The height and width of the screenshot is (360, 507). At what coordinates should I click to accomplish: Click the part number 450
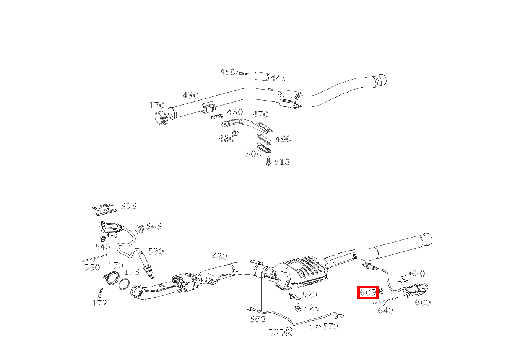[227, 72]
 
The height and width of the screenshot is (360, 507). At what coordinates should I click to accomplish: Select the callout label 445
[278, 78]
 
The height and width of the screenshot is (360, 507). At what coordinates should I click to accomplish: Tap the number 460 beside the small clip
[235, 112]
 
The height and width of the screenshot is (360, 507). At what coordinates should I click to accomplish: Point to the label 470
[260, 114]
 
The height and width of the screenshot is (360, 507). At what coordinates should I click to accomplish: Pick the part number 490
[283, 139]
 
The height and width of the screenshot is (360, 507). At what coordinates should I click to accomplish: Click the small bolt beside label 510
[268, 161]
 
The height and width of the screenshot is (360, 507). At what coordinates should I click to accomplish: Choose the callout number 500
[254, 154]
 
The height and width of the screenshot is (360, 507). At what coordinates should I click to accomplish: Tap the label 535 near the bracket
[128, 206]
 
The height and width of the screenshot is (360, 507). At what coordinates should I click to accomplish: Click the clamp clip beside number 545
[140, 229]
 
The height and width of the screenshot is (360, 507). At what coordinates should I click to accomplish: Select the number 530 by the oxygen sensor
[156, 251]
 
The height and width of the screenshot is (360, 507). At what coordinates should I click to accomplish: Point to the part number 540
[103, 247]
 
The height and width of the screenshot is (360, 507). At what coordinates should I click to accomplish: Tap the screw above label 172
[100, 293]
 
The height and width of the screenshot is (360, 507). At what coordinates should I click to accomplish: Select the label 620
[417, 274]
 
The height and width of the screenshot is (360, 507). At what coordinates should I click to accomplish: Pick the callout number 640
[386, 310]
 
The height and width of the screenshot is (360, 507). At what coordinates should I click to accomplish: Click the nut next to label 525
[299, 308]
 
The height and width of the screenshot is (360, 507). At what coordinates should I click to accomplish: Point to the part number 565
[276, 332]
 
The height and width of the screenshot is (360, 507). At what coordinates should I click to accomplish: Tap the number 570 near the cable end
[331, 326]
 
